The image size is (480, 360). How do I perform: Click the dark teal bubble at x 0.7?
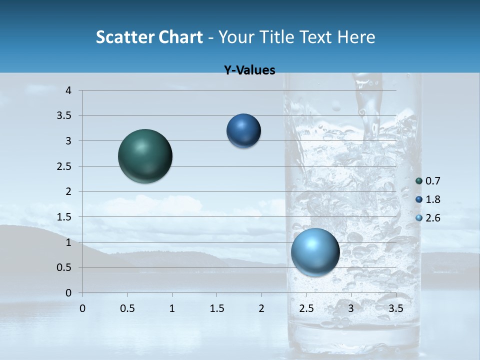[145, 156]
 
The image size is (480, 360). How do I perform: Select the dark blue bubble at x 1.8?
[243, 130]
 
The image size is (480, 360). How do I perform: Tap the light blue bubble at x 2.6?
[315, 252]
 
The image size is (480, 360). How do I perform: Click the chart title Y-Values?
[249, 70]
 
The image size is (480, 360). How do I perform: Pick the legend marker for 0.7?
[419, 181]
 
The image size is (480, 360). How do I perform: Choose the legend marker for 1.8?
[419, 199]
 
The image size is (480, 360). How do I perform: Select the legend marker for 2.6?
[419, 218]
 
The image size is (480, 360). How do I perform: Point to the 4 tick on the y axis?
[68, 90]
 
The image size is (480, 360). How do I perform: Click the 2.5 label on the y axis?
[64, 166]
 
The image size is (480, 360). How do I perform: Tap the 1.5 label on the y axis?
[64, 217]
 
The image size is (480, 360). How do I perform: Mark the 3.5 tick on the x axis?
[396, 308]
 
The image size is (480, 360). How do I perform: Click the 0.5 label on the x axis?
[127, 308]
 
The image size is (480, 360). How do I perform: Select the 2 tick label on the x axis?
[261, 308]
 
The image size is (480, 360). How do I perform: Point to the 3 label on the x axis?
[351, 308]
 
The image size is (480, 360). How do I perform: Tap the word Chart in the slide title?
[181, 37]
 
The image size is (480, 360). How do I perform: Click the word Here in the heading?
[356, 37]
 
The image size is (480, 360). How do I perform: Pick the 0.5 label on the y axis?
[64, 267]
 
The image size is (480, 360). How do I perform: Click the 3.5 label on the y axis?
[64, 116]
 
